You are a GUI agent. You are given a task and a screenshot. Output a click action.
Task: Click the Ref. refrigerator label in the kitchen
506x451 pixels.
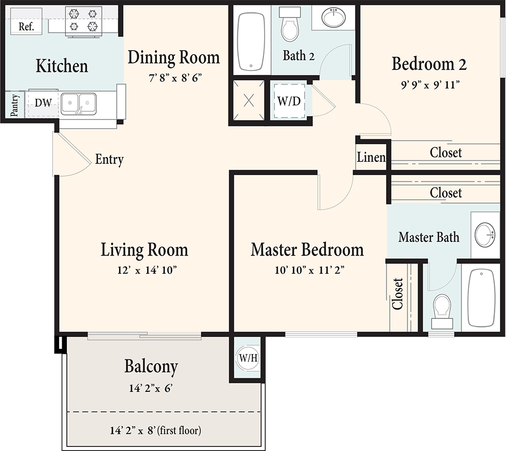(x=26, y=26)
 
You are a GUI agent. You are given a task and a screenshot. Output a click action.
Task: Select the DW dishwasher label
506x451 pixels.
(x=43, y=103)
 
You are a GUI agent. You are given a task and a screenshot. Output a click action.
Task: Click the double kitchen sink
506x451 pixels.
(x=78, y=104)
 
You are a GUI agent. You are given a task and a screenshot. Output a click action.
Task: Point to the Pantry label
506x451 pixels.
(x=15, y=105)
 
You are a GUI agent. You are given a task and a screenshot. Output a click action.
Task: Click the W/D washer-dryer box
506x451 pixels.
(x=289, y=101)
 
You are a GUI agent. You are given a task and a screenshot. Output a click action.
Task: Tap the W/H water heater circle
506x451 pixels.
(x=248, y=358)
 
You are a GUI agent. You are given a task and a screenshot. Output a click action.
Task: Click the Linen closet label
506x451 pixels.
(x=371, y=157)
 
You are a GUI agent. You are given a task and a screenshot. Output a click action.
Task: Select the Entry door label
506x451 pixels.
(x=109, y=160)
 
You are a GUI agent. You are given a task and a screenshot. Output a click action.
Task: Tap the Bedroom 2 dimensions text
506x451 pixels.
(x=429, y=84)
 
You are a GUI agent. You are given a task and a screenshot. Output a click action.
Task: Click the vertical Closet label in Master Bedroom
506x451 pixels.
(x=398, y=294)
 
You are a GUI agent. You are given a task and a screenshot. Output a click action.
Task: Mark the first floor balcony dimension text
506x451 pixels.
(x=155, y=431)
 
